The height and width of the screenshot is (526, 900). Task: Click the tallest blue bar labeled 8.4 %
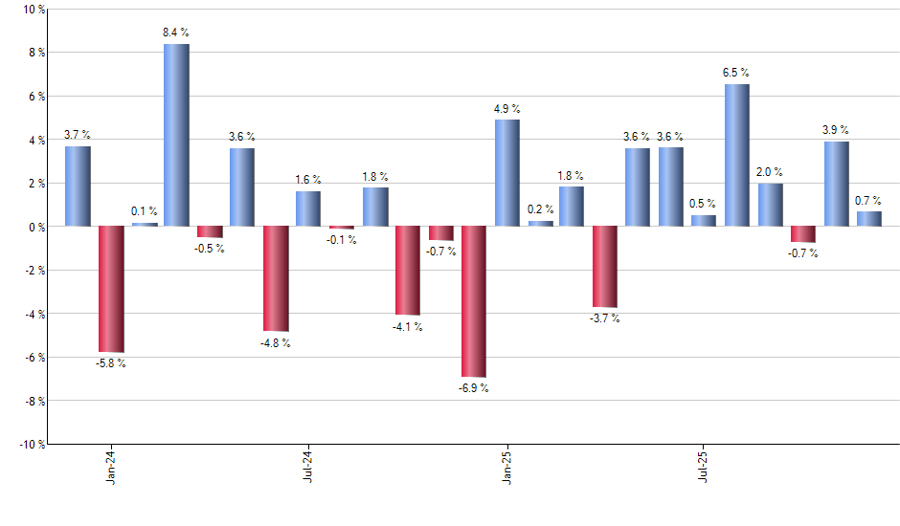176,135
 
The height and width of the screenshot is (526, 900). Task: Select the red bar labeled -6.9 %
474,301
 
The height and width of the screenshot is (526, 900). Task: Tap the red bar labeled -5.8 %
111,289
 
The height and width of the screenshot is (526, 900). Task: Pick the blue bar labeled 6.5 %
737,155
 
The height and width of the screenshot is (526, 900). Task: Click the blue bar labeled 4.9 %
507,173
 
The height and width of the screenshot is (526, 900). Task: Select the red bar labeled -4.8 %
276,278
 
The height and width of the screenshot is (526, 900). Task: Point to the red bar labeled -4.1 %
408,271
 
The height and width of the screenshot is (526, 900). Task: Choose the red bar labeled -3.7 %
605,267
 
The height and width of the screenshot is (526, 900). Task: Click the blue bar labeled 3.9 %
837,184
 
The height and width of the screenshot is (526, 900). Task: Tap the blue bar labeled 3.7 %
78,186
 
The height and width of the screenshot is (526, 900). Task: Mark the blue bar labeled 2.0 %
771,205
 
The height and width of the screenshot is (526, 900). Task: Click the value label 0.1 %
145,211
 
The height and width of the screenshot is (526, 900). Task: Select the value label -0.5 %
210,249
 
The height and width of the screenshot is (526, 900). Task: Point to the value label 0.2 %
540,209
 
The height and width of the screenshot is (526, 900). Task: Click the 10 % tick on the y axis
33,10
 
